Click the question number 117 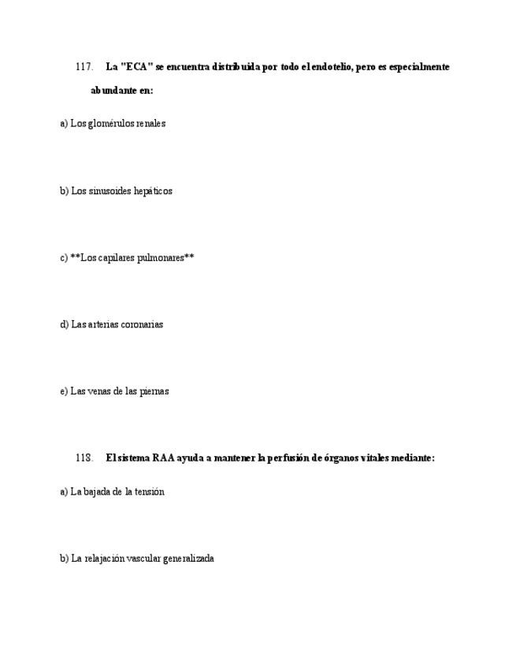click(x=84, y=67)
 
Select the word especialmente click(x=420, y=67)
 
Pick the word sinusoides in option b click(x=110, y=191)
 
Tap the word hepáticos click(x=153, y=191)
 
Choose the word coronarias click(x=143, y=324)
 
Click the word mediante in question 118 click(x=409, y=458)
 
